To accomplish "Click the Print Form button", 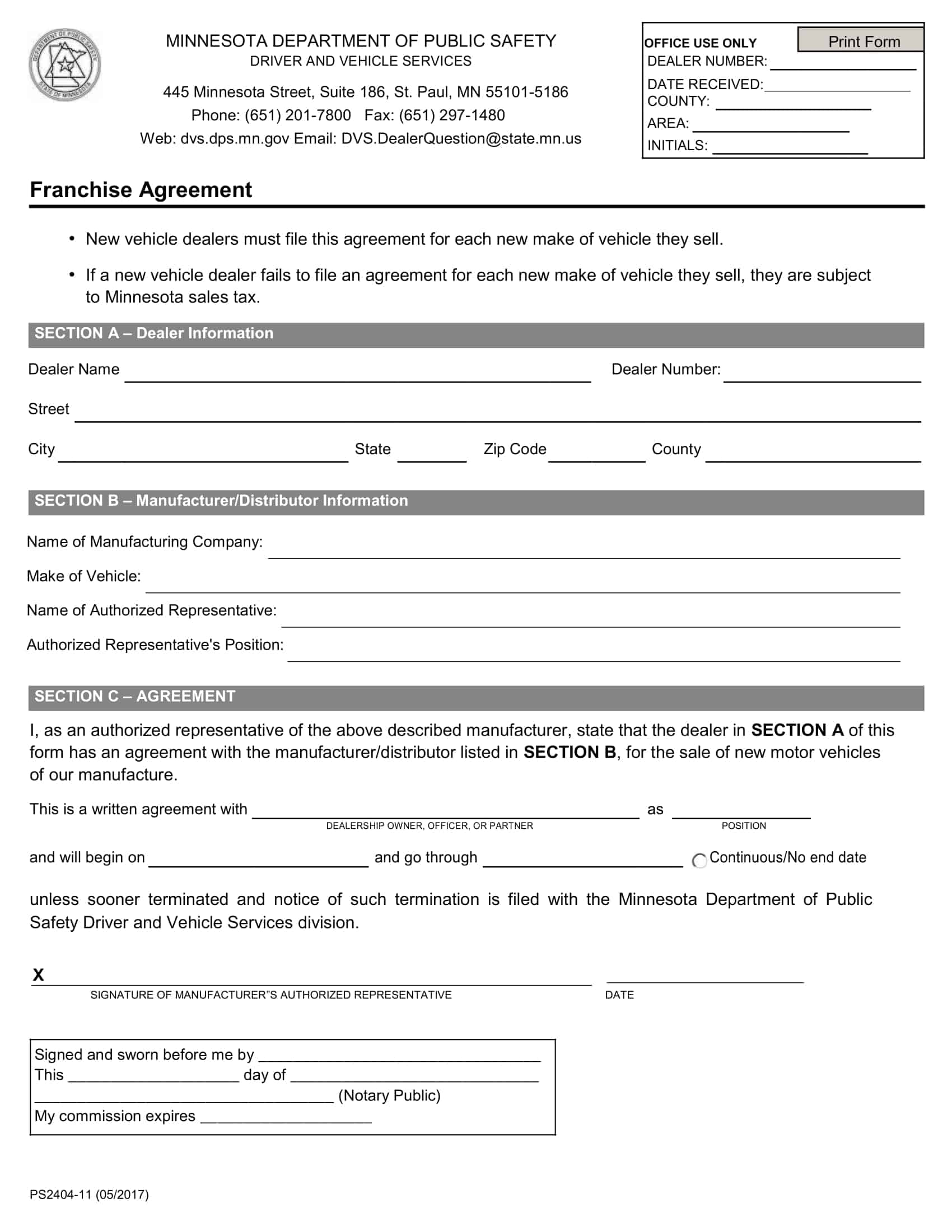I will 863,41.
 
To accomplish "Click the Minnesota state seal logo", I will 65,66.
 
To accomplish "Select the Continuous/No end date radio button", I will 699,860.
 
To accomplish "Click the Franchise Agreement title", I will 141,190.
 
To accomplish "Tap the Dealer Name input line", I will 357,375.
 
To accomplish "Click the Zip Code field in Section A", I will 596,455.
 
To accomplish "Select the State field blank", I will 431,455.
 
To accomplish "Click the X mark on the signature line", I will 38,975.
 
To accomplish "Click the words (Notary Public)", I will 389,1095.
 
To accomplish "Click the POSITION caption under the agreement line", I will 743,826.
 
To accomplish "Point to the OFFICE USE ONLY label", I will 700,44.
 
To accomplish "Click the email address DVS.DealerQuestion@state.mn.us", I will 461,139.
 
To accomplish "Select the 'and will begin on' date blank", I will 258,860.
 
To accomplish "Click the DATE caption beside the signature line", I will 619,995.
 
